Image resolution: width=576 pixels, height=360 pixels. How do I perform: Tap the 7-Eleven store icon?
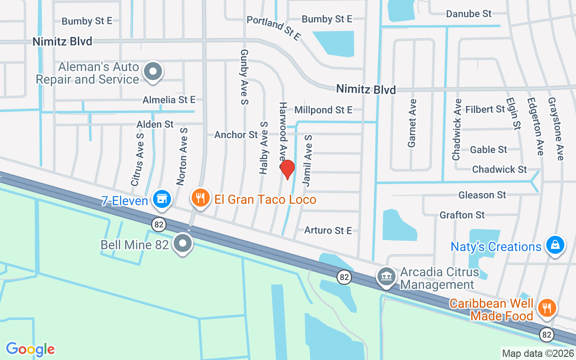(162, 198)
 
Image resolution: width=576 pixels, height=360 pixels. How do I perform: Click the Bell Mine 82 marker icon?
(183, 243)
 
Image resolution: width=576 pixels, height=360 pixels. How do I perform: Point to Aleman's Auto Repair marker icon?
(153, 72)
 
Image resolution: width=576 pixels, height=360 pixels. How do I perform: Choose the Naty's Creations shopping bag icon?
(555, 245)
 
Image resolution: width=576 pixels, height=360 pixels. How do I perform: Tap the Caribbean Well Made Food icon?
(547, 308)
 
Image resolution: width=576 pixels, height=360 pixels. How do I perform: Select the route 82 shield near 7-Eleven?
(159, 224)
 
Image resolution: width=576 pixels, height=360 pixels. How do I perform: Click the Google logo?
(31, 349)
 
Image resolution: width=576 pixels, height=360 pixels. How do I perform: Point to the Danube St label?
(469, 14)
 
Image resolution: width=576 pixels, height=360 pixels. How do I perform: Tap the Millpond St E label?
(323, 110)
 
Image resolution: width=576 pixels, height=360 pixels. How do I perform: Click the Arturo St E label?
(328, 230)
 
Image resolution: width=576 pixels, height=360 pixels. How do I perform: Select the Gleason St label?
(482, 195)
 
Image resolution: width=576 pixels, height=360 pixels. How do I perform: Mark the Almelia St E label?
(169, 100)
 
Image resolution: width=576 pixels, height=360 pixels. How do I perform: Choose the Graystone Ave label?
(555, 129)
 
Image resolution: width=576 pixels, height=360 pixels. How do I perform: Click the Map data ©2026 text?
(538, 353)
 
